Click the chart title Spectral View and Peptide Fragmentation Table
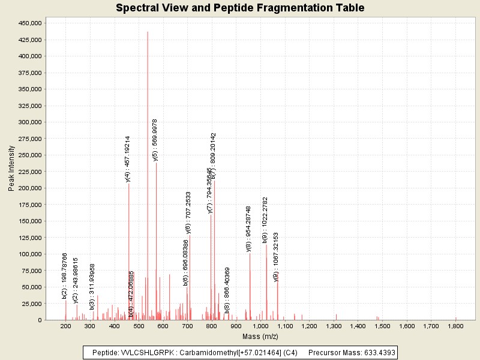coord(240,8)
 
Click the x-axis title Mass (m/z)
coord(260,336)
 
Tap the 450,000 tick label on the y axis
coord(29,23)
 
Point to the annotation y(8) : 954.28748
coord(249,228)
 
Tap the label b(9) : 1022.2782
coord(265,220)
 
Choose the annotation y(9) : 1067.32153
coord(276,257)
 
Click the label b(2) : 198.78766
coord(65,276)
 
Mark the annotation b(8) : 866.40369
coord(227,290)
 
